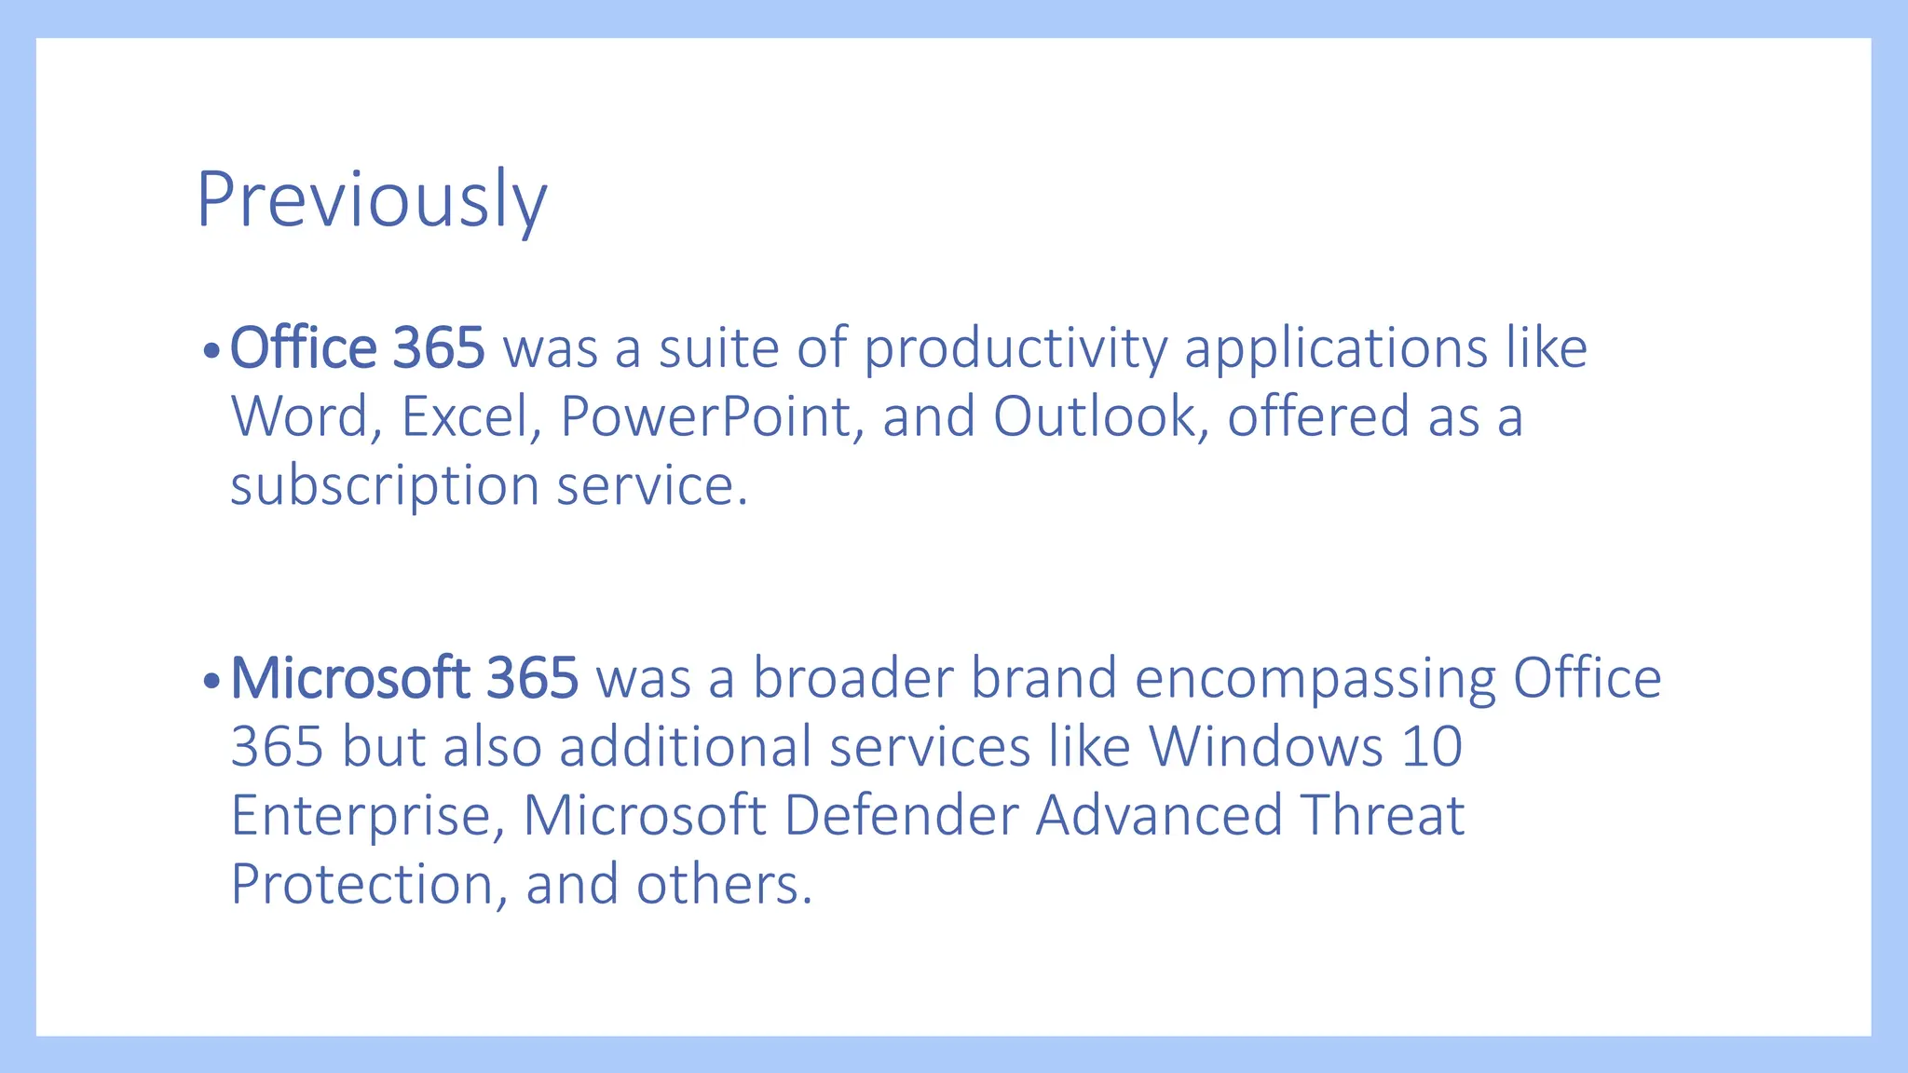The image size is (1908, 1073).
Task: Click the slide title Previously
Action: tap(371, 200)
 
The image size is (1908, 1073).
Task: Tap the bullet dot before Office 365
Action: tap(211, 352)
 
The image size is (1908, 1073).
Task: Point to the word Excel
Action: tap(464, 416)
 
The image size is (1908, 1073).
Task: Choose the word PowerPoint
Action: tap(705, 416)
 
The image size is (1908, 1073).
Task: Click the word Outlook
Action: tap(1094, 416)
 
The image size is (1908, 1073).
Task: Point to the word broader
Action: tap(852, 678)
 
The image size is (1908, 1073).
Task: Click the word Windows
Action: tap(1265, 747)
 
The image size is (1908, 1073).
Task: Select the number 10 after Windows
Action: tap(1431, 747)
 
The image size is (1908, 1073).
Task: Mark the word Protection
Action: tap(361, 884)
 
